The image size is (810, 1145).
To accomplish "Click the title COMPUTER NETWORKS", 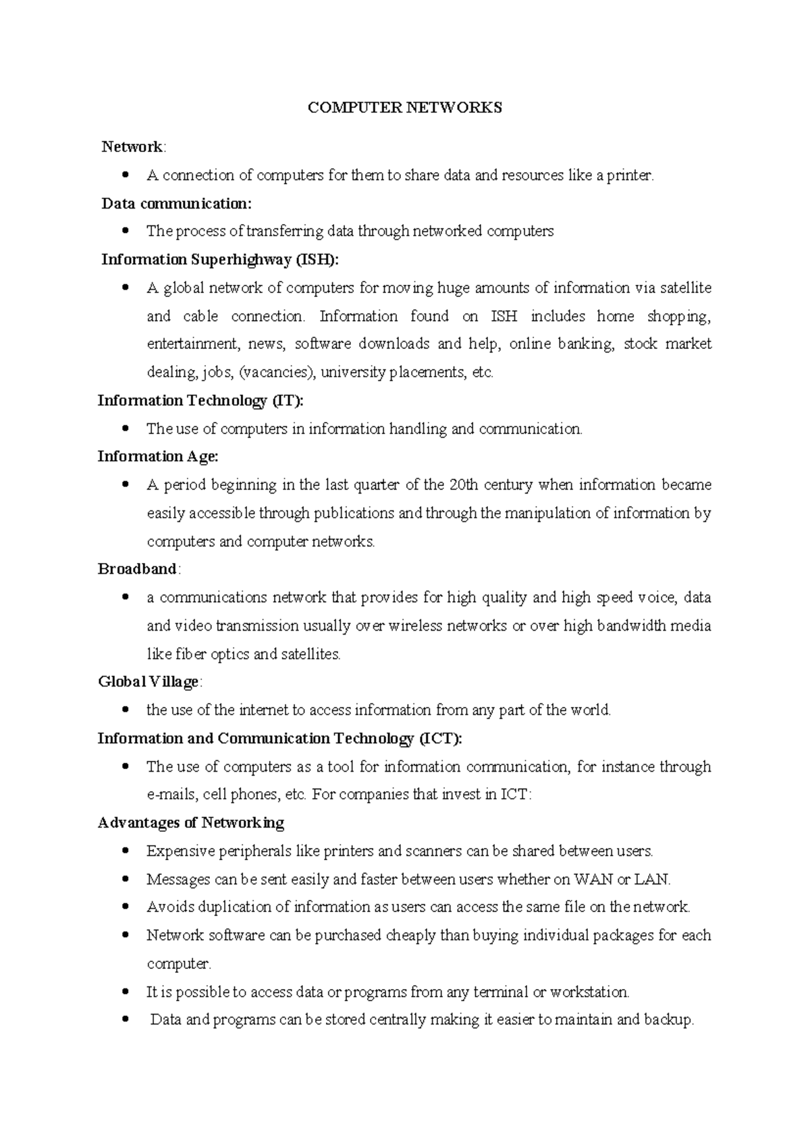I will (405, 108).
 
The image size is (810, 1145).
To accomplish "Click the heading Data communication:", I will (176, 204).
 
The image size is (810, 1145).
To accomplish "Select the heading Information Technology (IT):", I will (200, 401).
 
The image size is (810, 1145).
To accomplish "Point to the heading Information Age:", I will (158, 457).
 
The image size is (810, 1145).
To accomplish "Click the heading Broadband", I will (138, 570).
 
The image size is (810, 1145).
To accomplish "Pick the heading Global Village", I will (148, 683).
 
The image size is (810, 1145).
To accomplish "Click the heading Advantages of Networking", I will (191, 823).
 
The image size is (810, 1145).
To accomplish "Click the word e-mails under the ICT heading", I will (172, 795).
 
